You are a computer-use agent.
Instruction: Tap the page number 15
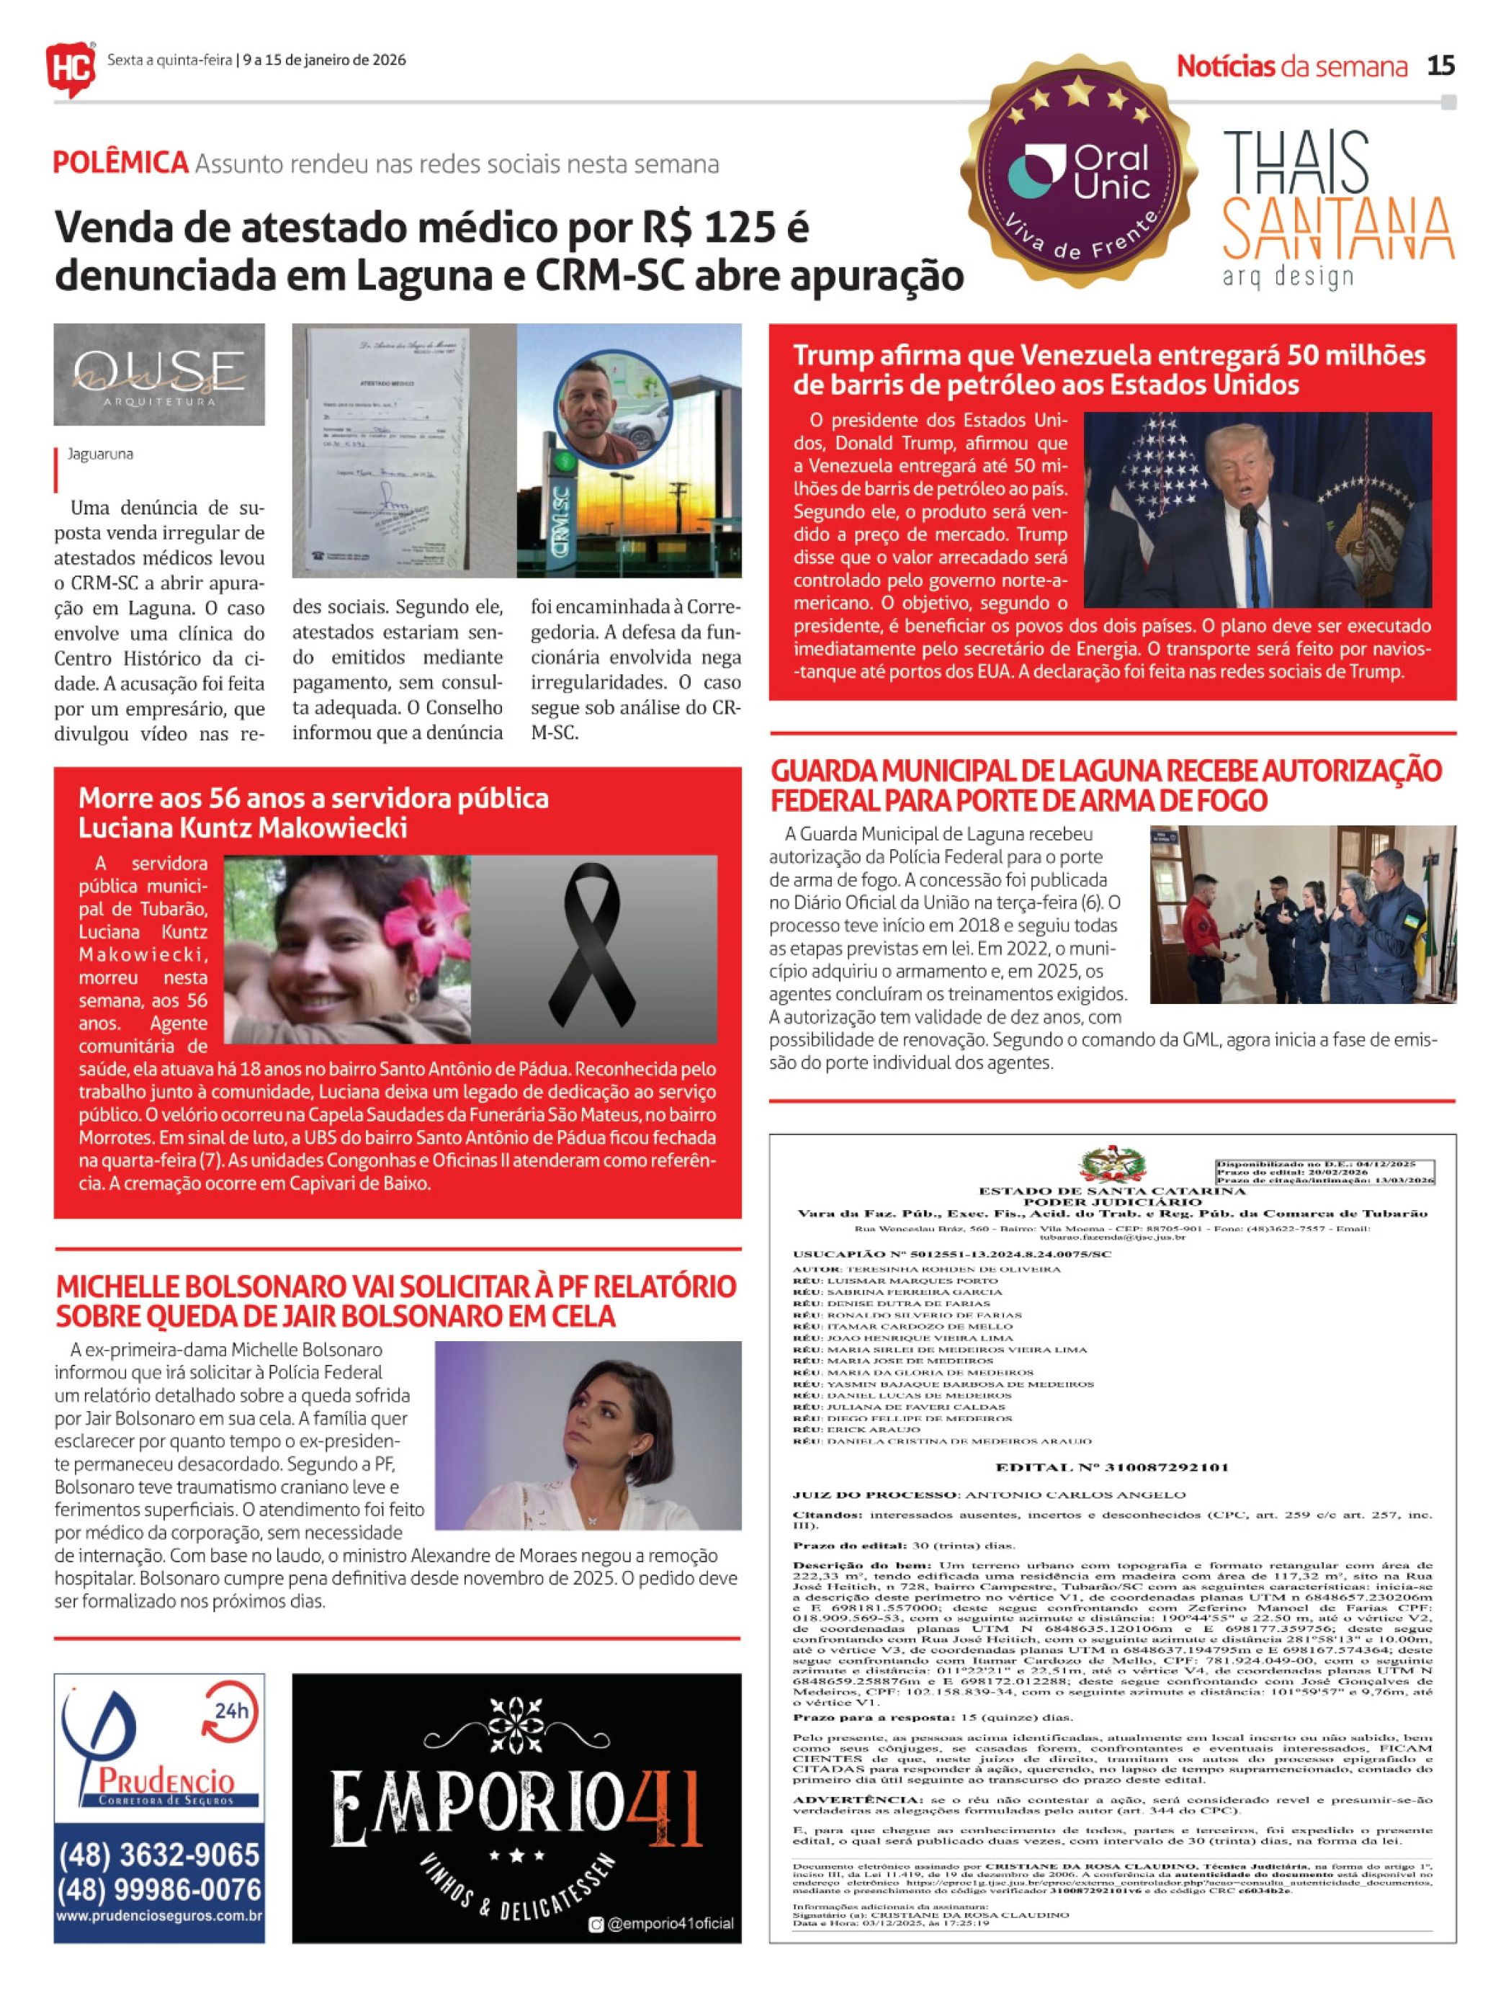tap(1440, 66)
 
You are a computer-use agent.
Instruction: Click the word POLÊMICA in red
tap(120, 163)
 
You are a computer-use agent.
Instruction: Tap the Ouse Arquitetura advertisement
tap(159, 374)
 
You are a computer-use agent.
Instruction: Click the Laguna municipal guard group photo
tap(1302, 914)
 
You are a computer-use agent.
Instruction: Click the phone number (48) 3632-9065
tap(159, 1855)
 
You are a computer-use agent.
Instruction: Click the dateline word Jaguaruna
tap(100, 454)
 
